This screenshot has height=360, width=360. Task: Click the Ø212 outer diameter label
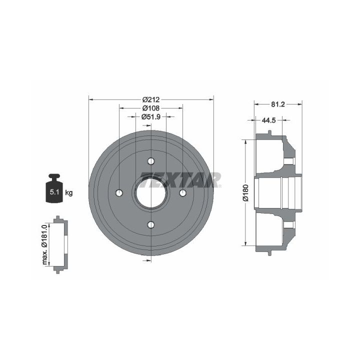(x=151, y=99)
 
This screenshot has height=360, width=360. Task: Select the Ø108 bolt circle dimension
(x=151, y=108)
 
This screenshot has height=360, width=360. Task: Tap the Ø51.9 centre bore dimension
(x=151, y=116)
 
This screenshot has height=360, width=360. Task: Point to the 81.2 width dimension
(x=278, y=104)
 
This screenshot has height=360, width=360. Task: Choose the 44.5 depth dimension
(x=268, y=120)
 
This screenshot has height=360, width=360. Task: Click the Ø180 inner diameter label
(x=245, y=193)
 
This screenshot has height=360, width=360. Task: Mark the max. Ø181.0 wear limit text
(x=44, y=244)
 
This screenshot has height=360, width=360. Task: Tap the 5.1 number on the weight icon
(x=54, y=192)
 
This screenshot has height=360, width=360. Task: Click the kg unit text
(x=69, y=193)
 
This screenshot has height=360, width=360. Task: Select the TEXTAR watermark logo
(x=180, y=180)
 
